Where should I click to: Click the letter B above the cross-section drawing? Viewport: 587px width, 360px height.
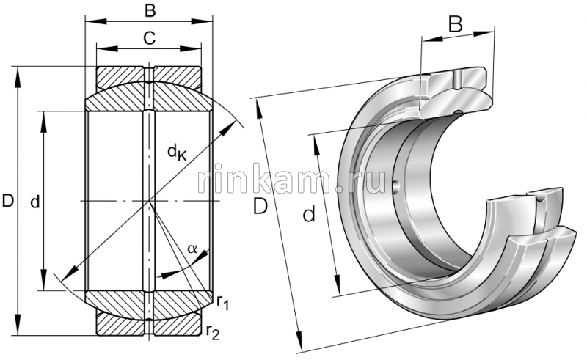tap(148, 11)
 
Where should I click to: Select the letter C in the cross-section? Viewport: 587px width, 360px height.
tap(148, 39)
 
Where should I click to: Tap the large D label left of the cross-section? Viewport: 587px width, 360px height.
tap(9, 200)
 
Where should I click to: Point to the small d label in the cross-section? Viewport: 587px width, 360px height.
tap(34, 201)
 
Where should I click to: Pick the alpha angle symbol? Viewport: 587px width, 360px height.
tap(192, 249)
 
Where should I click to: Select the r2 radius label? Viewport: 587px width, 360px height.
tap(213, 332)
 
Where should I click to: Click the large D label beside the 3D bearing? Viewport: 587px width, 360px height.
tap(260, 207)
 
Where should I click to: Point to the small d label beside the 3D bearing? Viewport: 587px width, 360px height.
tap(309, 214)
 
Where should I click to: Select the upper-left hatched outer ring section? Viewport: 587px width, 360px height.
tap(122, 76)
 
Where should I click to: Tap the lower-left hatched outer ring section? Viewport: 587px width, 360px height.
tap(122, 323)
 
